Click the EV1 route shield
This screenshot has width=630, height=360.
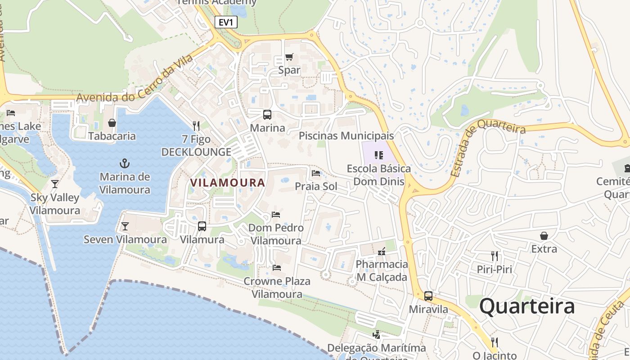[226, 22]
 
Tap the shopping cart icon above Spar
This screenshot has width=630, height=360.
[289, 57]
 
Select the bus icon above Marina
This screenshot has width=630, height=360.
[267, 115]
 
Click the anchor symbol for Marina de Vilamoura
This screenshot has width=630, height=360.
[125, 163]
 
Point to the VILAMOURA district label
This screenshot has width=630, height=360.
[227, 183]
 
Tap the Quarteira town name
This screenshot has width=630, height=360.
[527, 306]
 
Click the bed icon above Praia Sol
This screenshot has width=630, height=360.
[316, 173]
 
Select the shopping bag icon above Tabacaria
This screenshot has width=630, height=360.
[112, 123]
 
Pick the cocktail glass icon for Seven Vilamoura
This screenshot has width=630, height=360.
[125, 226]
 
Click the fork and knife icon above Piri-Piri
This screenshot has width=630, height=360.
[495, 256]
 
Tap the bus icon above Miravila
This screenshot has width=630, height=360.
[428, 296]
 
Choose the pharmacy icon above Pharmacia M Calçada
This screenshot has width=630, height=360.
[382, 251]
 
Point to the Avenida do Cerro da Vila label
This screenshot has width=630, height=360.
[135, 78]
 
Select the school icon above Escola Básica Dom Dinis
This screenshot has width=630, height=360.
[379, 155]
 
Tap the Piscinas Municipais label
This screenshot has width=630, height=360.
[346, 135]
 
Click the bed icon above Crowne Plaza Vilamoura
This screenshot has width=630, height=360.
[277, 268]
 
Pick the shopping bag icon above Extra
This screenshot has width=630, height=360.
[544, 236]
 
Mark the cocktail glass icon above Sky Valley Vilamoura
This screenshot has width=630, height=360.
[55, 184]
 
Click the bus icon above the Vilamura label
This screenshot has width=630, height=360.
[202, 226]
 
